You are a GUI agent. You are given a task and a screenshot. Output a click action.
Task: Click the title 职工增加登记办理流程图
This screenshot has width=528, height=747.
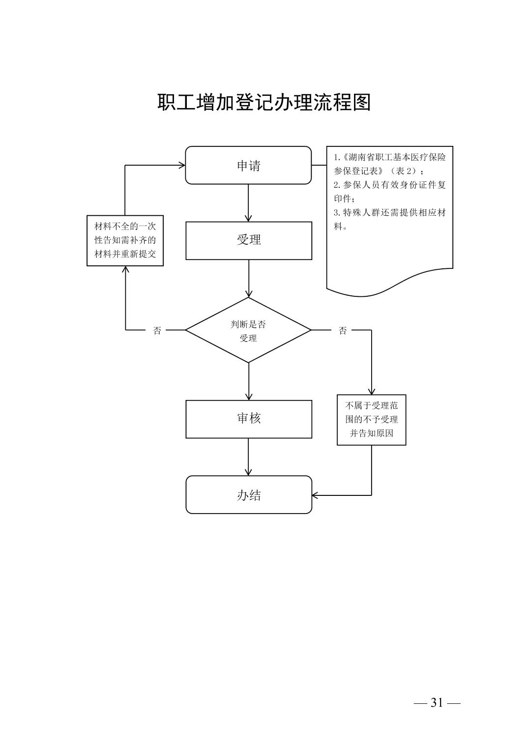point(264,103)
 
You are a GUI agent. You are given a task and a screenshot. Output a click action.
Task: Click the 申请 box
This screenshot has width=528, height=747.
point(248,166)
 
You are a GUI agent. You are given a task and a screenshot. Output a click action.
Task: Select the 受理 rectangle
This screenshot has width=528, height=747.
point(248,240)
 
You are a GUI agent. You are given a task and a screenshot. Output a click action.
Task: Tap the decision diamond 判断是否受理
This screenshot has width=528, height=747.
point(248,330)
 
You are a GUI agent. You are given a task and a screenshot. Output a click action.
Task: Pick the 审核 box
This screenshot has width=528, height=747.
point(248,419)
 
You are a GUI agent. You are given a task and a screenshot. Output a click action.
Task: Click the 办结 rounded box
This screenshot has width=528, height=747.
point(248,495)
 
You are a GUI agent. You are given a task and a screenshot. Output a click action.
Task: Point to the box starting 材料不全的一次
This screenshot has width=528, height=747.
point(125,241)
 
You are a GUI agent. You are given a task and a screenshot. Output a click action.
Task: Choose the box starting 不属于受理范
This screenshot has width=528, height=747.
point(371,420)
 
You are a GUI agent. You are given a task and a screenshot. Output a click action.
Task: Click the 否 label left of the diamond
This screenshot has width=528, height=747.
point(157,330)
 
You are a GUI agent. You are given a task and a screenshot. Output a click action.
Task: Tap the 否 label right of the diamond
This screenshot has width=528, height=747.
point(343,330)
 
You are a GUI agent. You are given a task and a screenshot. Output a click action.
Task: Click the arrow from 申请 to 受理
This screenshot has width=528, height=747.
point(248,202)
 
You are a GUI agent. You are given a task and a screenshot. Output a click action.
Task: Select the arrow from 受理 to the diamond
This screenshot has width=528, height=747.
point(248,278)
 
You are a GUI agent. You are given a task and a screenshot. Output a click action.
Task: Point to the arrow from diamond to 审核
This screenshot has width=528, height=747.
point(248,381)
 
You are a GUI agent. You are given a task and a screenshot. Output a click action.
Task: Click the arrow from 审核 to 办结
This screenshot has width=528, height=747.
point(248,457)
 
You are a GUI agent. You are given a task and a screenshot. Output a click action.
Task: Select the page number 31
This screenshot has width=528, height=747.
point(437,703)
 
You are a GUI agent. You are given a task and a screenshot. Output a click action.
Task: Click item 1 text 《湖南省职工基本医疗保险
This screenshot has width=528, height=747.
point(390,158)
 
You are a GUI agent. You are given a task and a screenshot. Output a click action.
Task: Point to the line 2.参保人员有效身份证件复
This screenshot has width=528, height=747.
point(390,185)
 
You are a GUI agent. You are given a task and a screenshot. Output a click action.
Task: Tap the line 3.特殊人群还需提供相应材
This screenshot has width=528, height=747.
point(390,213)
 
